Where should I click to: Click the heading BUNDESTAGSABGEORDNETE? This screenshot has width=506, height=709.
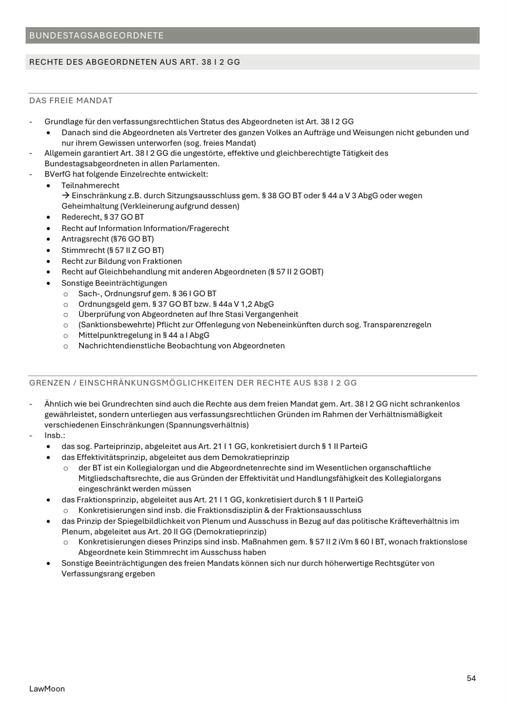coord(96,35)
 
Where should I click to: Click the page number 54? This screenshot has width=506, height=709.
coord(471,678)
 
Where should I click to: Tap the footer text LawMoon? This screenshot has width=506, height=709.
coord(47,689)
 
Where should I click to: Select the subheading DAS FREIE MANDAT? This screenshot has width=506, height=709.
coord(71,101)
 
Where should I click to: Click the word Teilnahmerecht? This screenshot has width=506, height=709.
coord(90,186)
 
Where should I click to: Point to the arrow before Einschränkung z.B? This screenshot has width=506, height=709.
coord(66,196)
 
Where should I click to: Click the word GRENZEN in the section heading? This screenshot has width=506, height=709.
coord(49,383)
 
